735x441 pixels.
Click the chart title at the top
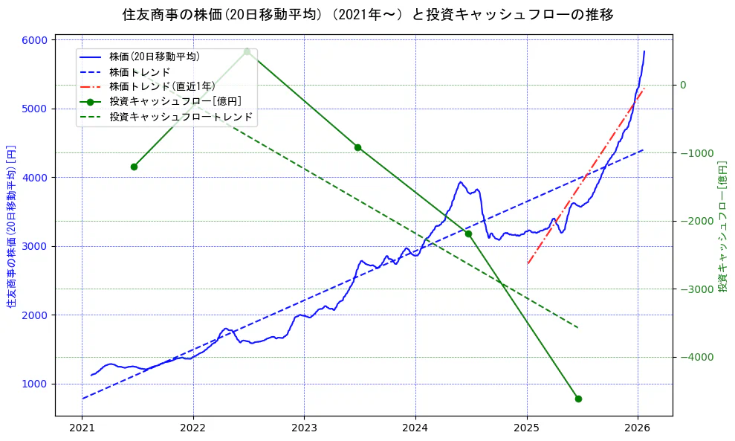point(368,15)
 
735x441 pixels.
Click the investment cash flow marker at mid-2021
point(134,167)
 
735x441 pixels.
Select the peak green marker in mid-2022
point(247,51)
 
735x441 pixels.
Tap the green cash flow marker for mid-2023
point(357,147)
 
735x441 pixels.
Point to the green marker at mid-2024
point(468,234)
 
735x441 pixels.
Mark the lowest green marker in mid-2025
point(578,399)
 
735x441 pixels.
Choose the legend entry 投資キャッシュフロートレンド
point(181,117)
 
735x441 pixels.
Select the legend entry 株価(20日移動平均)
point(154,56)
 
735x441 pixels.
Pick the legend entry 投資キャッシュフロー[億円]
point(175,101)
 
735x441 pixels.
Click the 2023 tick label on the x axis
point(304,428)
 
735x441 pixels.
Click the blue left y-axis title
point(11,227)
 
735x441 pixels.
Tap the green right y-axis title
point(722,226)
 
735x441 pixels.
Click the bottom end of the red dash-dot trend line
point(528,263)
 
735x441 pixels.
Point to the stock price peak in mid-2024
point(461,182)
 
